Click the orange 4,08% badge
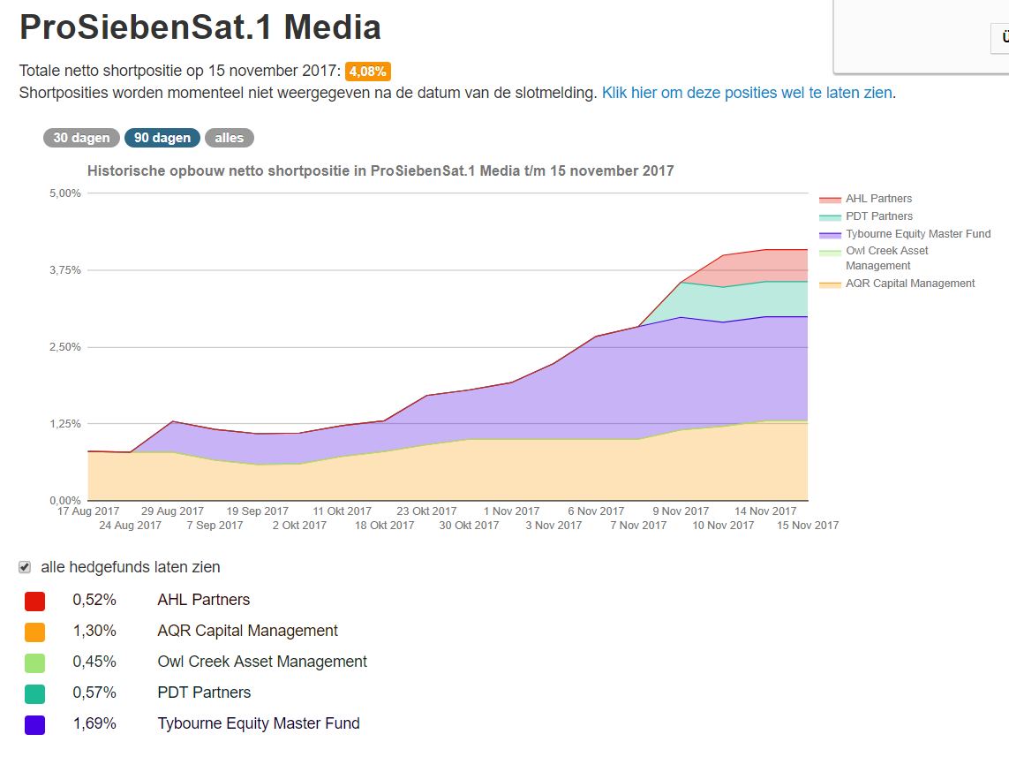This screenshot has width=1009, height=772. coord(367,72)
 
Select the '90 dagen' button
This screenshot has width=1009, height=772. coord(162,138)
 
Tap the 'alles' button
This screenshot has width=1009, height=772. coord(229,138)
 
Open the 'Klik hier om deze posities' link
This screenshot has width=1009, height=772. coord(747,93)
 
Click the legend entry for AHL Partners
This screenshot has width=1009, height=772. coord(878,199)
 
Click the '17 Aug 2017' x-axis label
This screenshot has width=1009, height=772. coord(88,511)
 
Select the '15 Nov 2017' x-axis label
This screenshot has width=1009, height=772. coord(808,525)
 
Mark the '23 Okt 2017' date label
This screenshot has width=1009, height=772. coord(426,511)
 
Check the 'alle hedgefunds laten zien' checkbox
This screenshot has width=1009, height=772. coord(25,567)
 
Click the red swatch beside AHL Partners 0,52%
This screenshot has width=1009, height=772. coord(35,602)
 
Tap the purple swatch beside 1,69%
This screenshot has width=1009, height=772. coord(35,725)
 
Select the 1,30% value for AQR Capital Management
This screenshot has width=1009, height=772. coord(94,631)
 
